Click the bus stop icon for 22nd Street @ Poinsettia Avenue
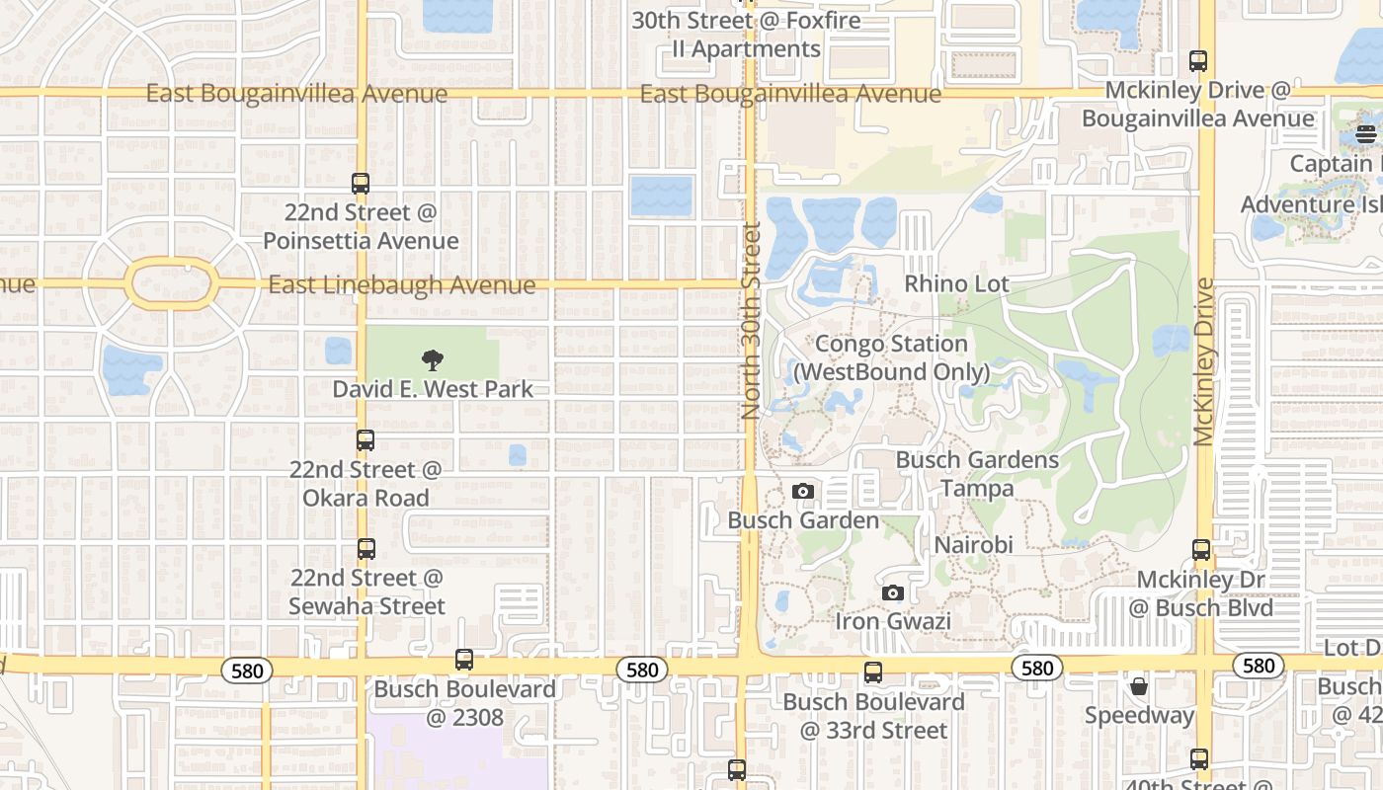(x=361, y=183)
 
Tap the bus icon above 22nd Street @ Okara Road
(x=366, y=440)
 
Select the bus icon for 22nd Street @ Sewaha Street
(x=366, y=549)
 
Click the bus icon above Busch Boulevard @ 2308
(x=464, y=660)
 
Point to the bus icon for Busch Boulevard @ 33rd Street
(x=873, y=672)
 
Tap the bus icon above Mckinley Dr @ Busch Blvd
(x=1201, y=550)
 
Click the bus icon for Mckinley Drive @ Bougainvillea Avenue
(x=1198, y=60)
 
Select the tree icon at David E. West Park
(x=432, y=360)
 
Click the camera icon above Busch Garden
(x=802, y=491)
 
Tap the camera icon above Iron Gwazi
(x=893, y=592)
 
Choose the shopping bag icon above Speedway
(x=1139, y=685)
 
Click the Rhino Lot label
(x=957, y=284)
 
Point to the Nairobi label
(x=974, y=545)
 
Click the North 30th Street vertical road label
(x=751, y=321)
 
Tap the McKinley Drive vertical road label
(x=1203, y=361)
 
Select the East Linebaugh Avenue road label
(x=402, y=285)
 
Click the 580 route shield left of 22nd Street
(x=247, y=671)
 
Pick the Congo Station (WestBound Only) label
(x=891, y=357)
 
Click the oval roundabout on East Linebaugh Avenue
(x=172, y=284)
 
